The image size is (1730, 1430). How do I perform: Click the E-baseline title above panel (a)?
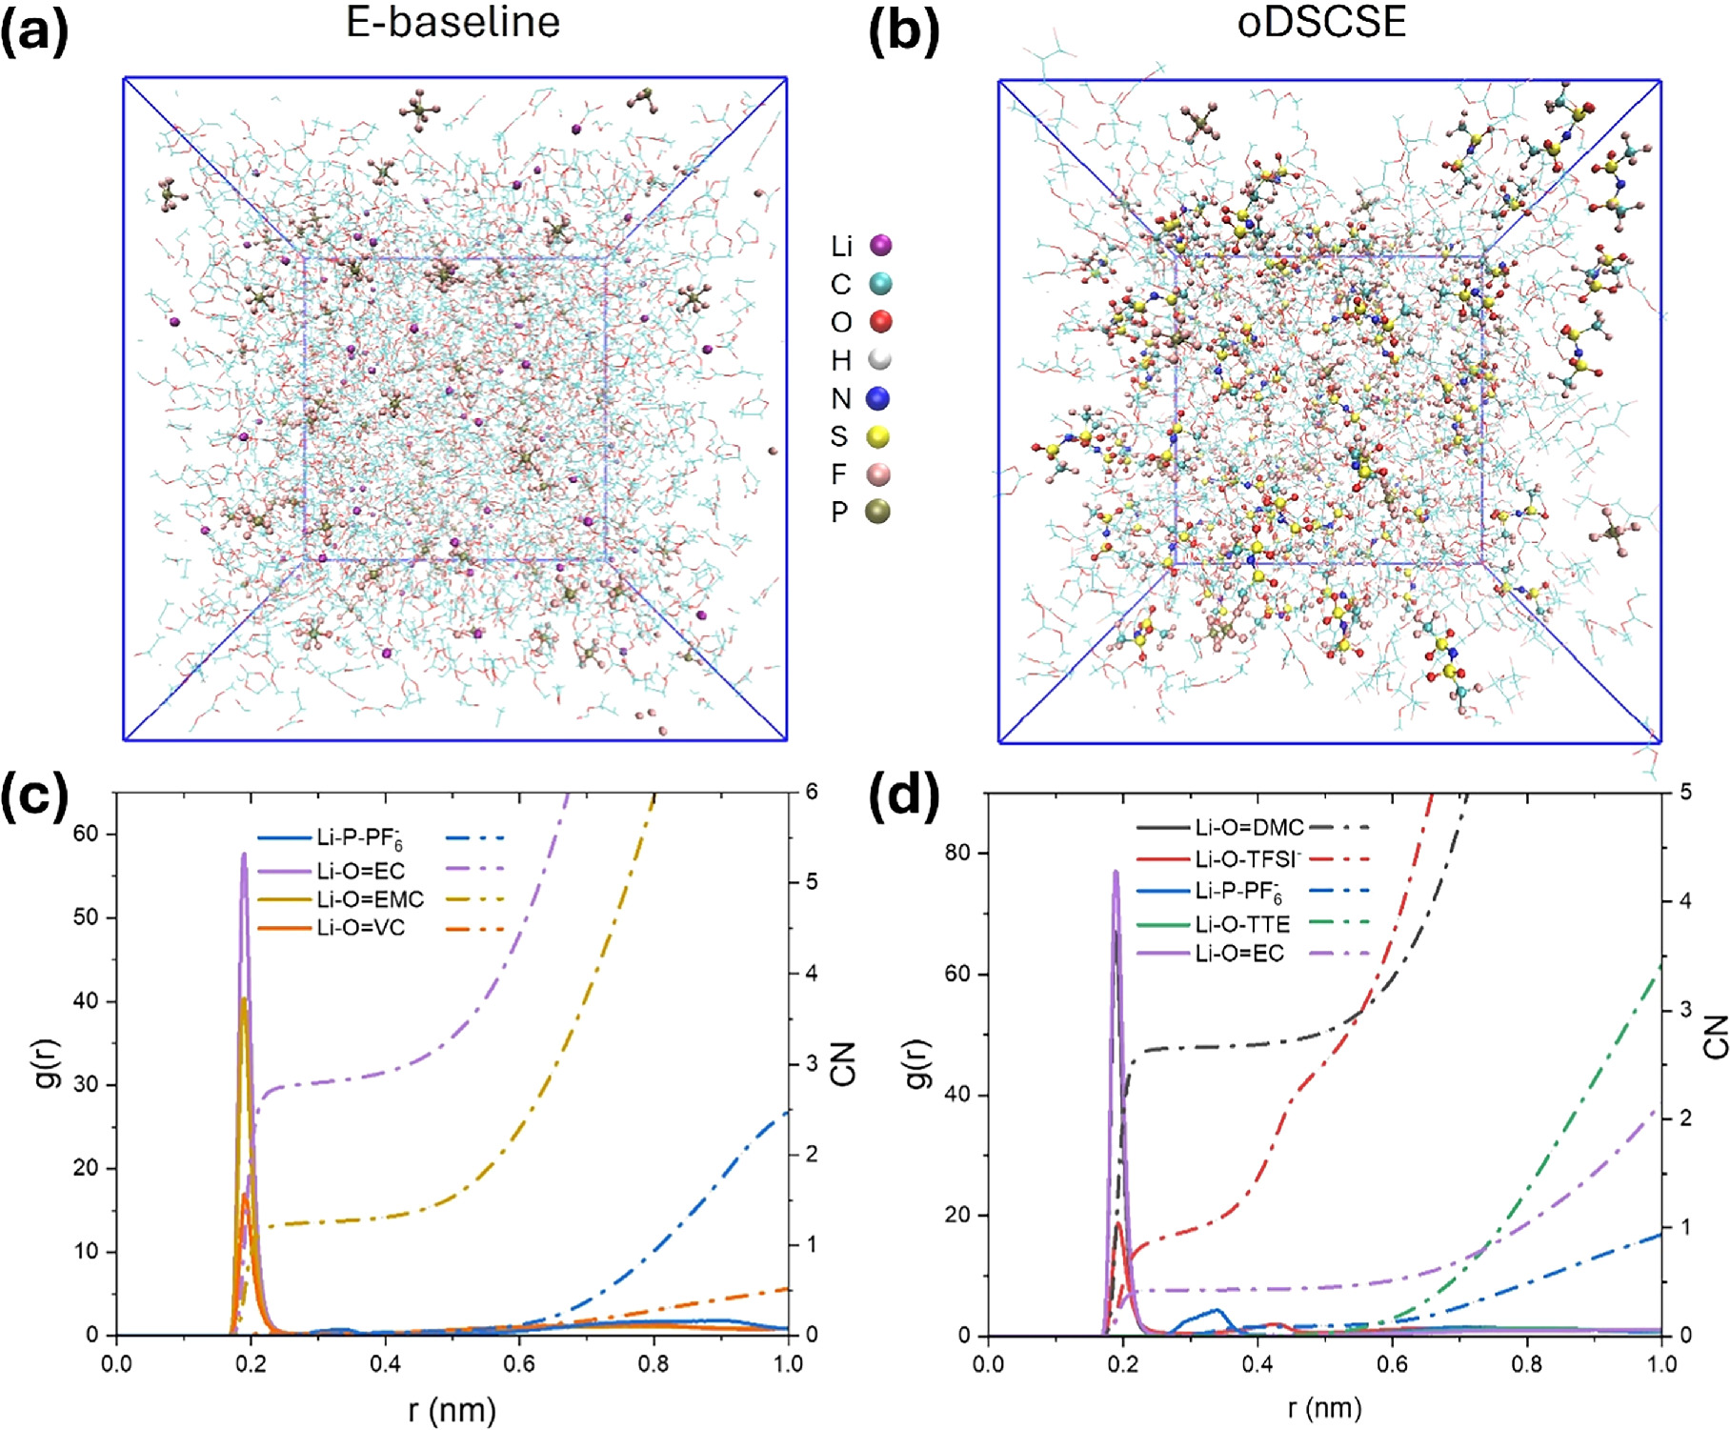click(x=453, y=23)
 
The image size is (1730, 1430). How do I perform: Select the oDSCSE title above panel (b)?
click(x=1321, y=23)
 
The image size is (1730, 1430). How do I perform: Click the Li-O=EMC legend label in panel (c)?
click(x=371, y=899)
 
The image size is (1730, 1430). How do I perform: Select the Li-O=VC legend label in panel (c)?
click(x=361, y=928)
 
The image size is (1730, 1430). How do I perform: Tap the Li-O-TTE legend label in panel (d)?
click(x=1242, y=924)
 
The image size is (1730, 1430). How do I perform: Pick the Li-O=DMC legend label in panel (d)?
click(x=1249, y=828)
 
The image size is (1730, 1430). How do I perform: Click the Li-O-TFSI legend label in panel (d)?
click(x=1248, y=859)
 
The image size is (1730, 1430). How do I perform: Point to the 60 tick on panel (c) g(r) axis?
click(x=86, y=834)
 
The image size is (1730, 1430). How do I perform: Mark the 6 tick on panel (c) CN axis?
click(x=812, y=792)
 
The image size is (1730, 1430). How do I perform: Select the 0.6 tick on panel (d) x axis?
click(x=1392, y=1364)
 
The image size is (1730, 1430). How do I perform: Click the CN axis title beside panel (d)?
click(x=1716, y=1037)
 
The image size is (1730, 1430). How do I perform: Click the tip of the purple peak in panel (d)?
click(x=1116, y=871)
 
